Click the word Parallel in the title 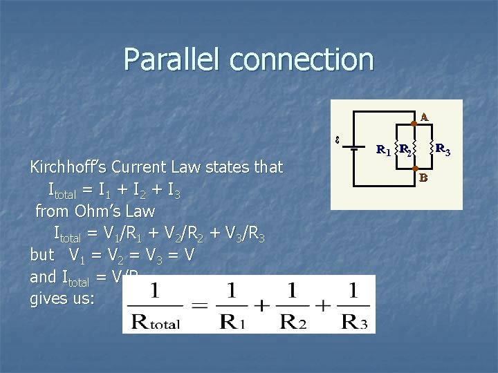pyautogui.click(x=172, y=60)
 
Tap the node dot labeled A pyautogui.click(x=413, y=123)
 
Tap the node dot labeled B pyautogui.click(x=414, y=168)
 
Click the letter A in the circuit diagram pyautogui.click(x=423, y=117)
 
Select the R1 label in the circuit pyautogui.click(x=382, y=149)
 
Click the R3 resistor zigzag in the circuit pyautogui.click(x=432, y=146)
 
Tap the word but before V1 pyautogui.click(x=42, y=255)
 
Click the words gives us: pyautogui.click(x=63, y=299)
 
